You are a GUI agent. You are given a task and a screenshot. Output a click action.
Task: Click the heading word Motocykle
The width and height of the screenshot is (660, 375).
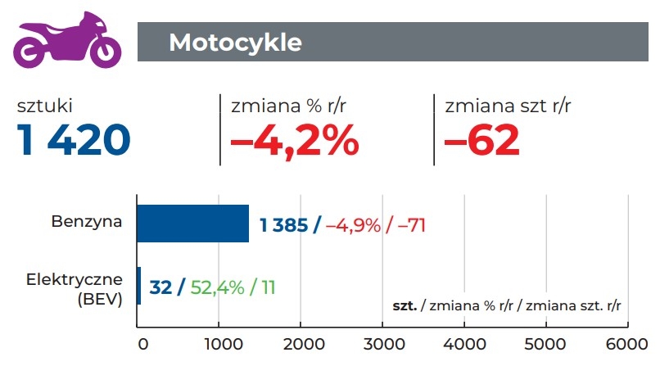point(235,42)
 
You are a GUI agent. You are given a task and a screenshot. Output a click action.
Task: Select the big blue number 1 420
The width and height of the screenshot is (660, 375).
point(74,141)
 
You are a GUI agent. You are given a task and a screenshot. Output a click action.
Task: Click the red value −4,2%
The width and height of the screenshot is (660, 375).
point(294,141)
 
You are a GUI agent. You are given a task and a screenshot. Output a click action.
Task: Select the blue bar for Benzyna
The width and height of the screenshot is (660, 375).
point(192,224)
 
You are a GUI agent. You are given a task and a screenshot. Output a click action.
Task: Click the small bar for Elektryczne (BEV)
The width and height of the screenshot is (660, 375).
point(138,286)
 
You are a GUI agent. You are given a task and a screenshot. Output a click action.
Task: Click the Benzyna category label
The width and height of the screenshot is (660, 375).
point(87,221)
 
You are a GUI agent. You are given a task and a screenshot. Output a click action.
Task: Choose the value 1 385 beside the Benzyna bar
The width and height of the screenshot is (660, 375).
point(283,225)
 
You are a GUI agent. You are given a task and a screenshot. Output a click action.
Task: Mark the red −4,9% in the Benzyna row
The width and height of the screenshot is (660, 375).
point(353,225)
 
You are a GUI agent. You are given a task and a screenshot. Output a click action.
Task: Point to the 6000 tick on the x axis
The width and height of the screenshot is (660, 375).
point(627,344)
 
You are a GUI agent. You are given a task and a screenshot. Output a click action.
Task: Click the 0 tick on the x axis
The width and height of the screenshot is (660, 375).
point(142,344)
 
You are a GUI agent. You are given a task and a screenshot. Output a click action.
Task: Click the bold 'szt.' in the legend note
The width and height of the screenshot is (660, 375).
point(405,305)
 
